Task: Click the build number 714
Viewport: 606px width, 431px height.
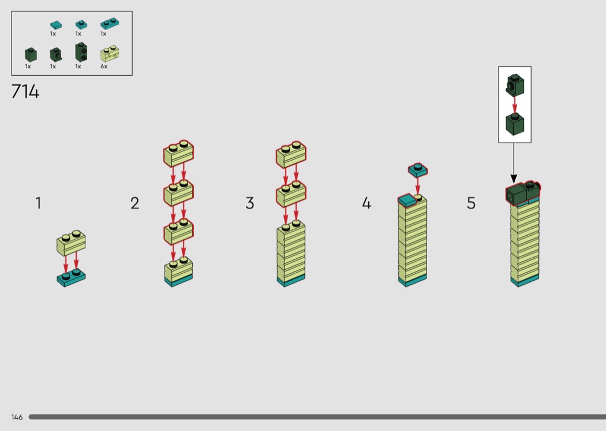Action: (x=25, y=92)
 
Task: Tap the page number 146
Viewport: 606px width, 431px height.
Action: (x=17, y=417)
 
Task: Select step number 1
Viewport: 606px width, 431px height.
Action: (x=38, y=203)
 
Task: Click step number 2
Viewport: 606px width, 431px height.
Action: (x=134, y=203)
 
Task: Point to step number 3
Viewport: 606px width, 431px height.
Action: (x=250, y=203)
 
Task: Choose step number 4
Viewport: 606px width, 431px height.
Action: (x=366, y=203)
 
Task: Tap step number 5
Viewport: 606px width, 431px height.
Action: (x=471, y=203)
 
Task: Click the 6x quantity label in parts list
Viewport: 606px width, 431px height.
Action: (x=104, y=66)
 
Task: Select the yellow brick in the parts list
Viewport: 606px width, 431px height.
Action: (x=110, y=54)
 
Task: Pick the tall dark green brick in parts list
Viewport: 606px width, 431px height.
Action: (x=81, y=52)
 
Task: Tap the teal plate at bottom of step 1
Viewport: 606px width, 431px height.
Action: (x=71, y=277)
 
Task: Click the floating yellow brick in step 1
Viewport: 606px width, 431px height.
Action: (x=71, y=243)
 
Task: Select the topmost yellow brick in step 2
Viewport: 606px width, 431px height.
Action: (x=178, y=154)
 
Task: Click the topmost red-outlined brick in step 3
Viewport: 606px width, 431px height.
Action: (x=291, y=154)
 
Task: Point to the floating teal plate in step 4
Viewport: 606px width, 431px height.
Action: (x=418, y=170)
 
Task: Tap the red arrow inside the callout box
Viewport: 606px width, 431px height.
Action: (x=515, y=105)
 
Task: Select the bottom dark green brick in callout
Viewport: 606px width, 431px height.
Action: (x=515, y=124)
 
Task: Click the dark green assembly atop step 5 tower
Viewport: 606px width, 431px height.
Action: (x=523, y=192)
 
